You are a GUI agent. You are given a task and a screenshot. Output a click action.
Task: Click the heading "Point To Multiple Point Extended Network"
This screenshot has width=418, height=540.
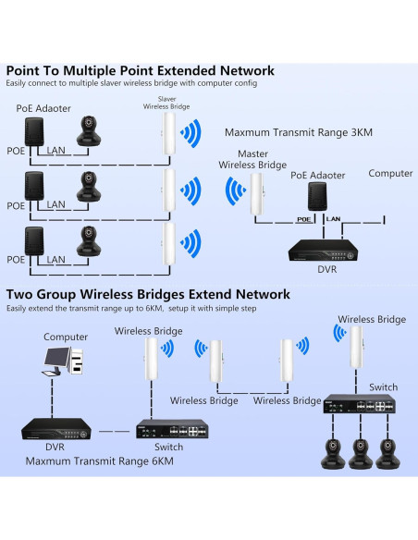[141, 70]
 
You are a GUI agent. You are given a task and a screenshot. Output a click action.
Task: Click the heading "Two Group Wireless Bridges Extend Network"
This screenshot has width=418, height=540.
[148, 294]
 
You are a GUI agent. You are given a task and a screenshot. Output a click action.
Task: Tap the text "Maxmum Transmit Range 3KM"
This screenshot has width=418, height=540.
[298, 132]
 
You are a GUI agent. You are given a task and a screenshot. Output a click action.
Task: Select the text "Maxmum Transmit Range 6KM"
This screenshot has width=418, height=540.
[99, 460]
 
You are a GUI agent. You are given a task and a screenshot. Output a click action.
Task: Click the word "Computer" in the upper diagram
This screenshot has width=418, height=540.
[390, 174]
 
